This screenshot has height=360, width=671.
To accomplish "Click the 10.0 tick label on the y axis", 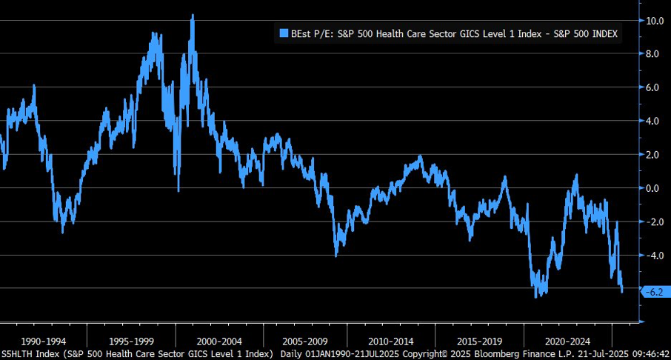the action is click(654, 21).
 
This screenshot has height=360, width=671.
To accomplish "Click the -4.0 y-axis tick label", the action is click(654, 256).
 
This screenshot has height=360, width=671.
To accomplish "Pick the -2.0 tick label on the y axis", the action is click(654, 221).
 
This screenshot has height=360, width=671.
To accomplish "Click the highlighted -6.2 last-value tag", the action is click(655, 293).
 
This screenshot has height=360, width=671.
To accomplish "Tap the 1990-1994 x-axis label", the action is click(43, 341).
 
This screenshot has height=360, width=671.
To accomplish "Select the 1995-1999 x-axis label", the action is click(131, 341).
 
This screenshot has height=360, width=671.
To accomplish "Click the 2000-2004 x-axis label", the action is click(219, 341).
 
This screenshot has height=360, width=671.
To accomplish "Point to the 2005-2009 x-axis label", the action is click(304, 341).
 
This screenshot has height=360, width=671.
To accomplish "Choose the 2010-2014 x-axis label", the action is click(391, 341).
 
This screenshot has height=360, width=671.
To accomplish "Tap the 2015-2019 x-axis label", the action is click(479, 341).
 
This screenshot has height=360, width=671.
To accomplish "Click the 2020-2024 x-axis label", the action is click(567, 341).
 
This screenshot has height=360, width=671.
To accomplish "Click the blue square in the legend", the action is click(284, 33).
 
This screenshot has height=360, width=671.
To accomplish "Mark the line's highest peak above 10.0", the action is click(193, 15).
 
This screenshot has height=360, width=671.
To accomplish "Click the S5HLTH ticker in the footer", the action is click(17, 354).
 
